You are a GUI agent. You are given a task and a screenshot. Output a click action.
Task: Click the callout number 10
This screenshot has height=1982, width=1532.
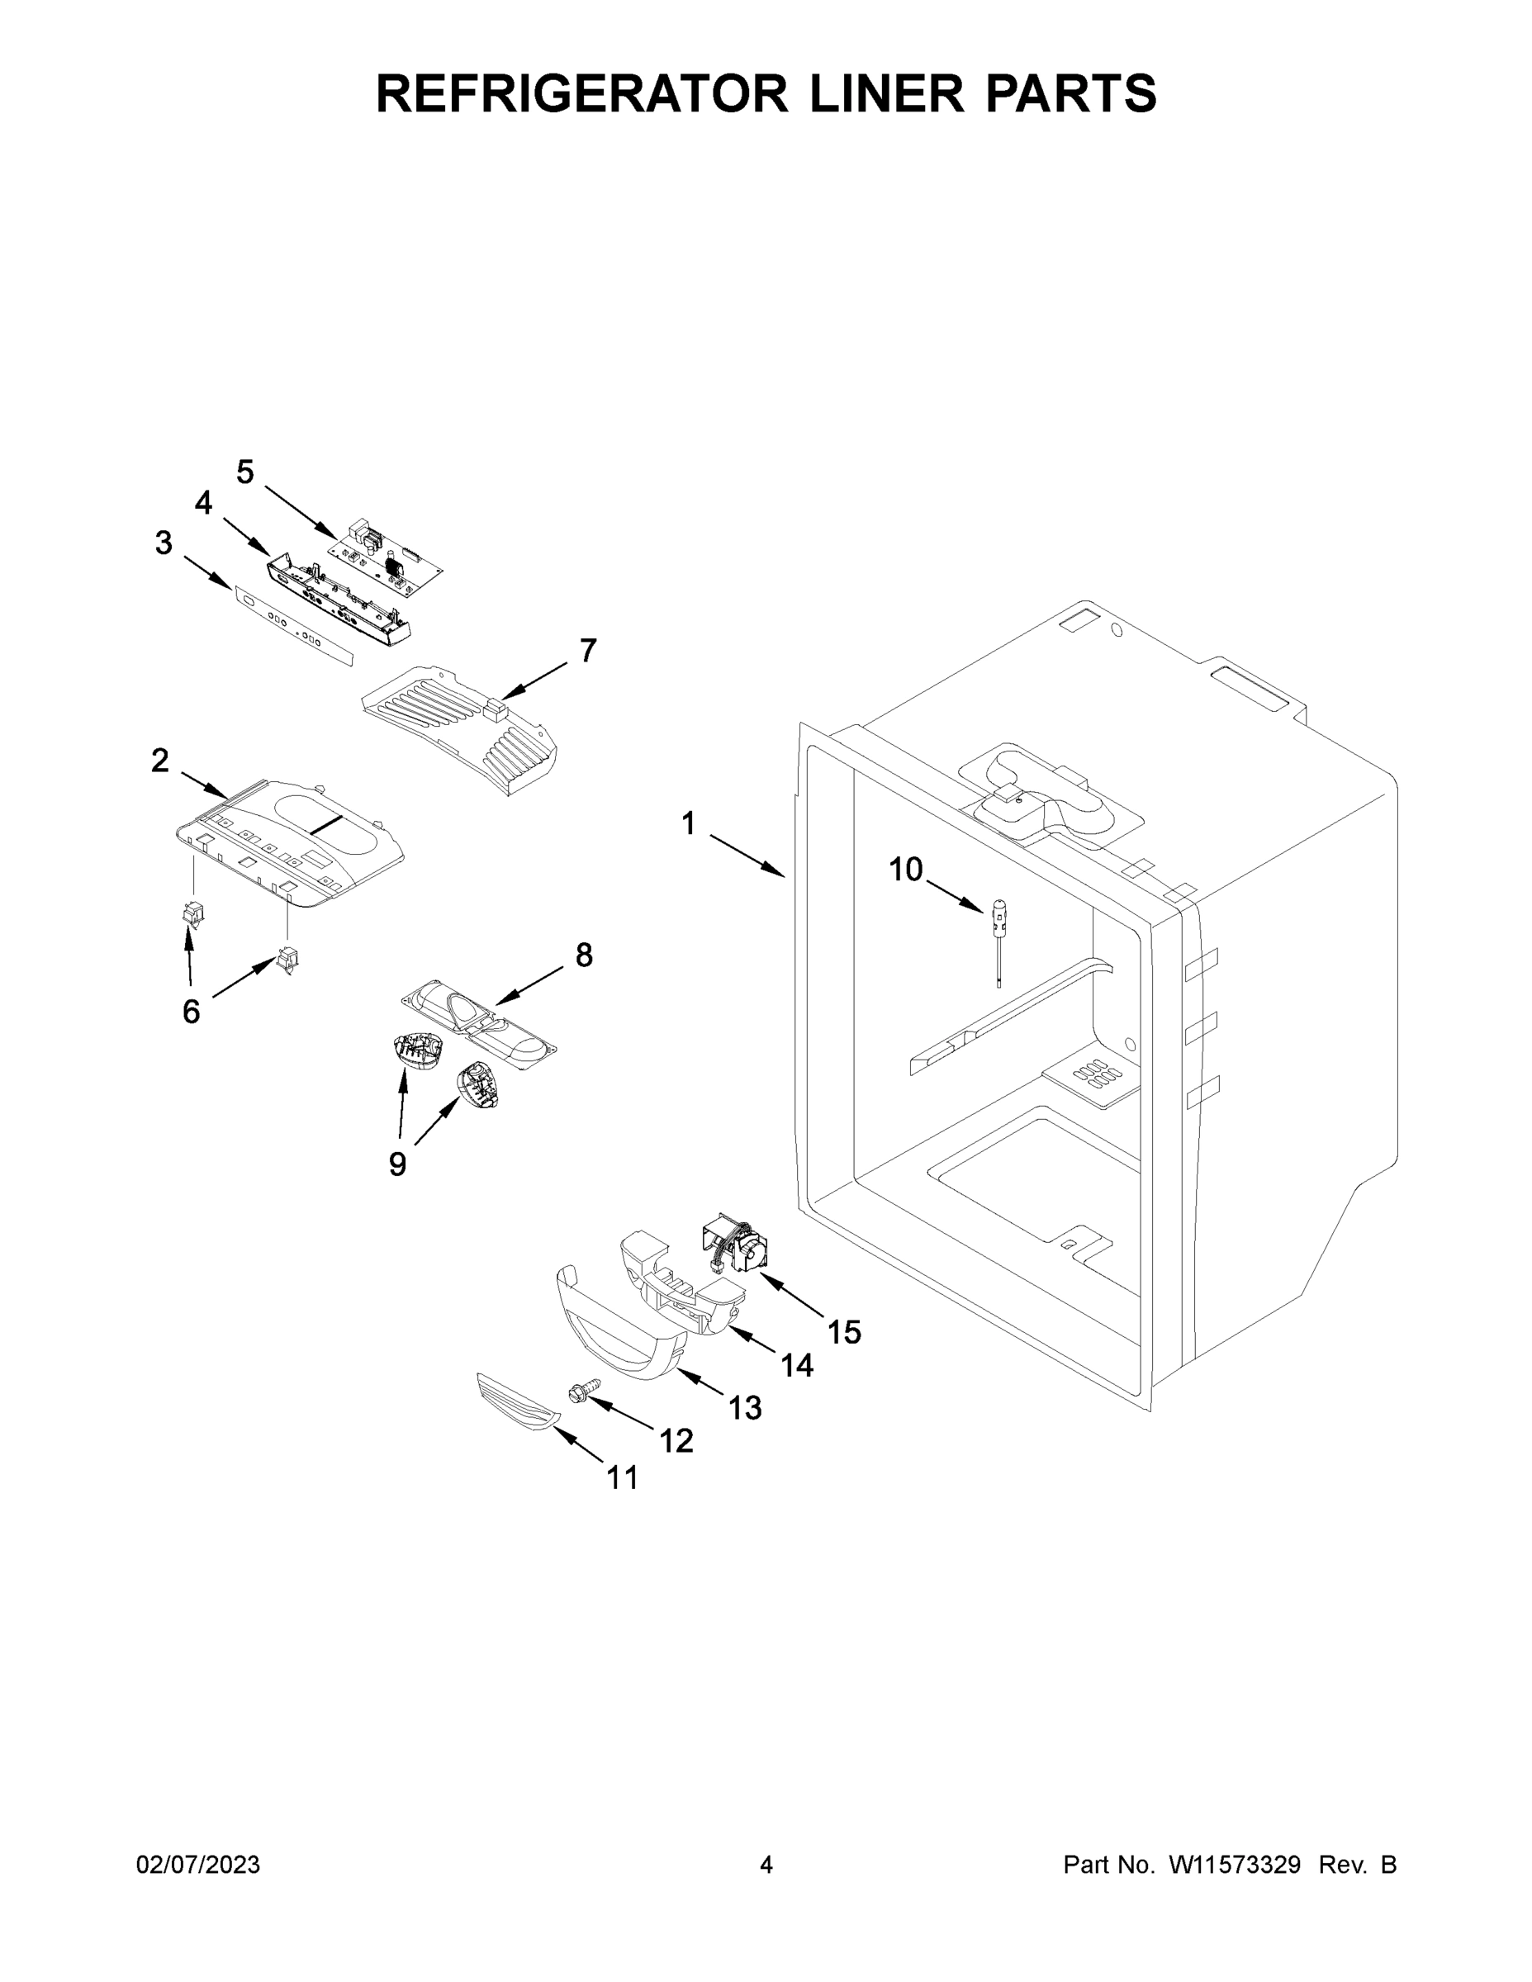[905, 870]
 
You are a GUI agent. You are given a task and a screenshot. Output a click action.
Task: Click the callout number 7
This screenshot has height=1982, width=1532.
[588, 650]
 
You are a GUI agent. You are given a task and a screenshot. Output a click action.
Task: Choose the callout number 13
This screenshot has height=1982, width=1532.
[745, 1407]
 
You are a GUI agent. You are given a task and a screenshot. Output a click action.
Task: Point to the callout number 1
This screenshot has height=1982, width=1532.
[689, 823]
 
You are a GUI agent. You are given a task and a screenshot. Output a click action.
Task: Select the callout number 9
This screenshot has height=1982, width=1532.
[397, 1164]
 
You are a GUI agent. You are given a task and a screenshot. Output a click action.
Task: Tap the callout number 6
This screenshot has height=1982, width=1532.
[191, 1011]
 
